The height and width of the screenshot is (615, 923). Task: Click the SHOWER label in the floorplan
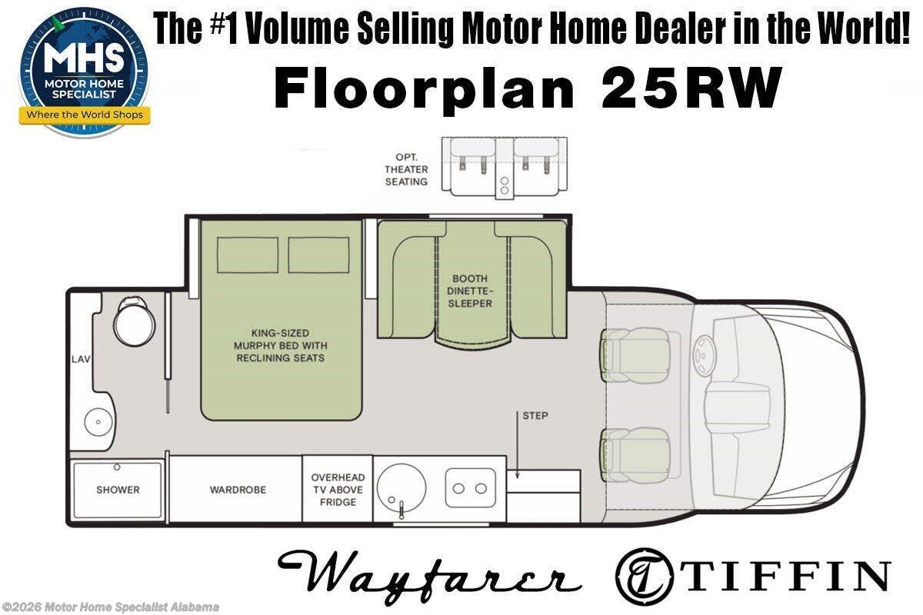118,490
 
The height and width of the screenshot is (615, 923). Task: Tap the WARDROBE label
238,490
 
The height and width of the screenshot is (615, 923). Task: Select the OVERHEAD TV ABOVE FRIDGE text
338,490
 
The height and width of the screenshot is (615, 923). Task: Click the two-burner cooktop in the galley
470,488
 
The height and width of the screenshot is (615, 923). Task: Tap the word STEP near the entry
535,416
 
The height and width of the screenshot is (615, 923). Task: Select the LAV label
81,359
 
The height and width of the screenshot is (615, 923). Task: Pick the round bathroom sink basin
98,422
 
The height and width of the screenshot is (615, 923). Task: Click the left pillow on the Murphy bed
248,255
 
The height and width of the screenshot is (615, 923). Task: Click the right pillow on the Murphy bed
318,255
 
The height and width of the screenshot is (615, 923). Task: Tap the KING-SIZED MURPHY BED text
281,339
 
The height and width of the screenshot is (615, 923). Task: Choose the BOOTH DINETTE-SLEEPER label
470,291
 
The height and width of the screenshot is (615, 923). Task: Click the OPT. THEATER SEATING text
406,169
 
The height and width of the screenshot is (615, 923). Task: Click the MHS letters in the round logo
84,58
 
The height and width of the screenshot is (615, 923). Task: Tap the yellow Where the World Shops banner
85,115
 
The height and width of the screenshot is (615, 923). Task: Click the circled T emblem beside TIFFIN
645,577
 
